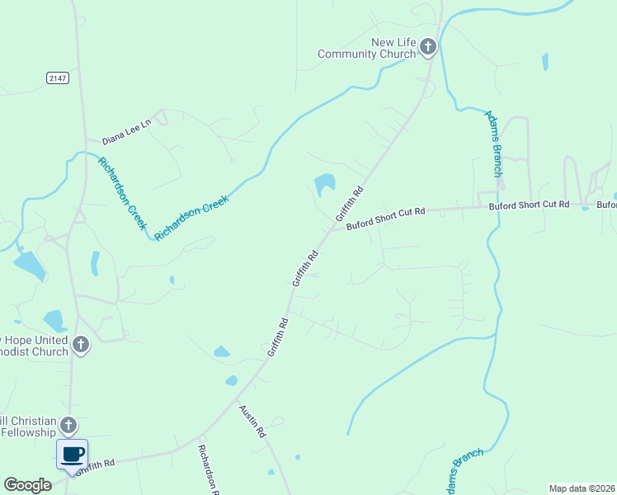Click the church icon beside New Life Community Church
427,47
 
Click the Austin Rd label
253,421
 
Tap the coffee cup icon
72,454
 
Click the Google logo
27,485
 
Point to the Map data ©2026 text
582,488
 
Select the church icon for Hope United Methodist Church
80,345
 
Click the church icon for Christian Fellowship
68,426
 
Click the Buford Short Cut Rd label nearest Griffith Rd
385,218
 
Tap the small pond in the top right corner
544,61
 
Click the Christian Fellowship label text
29,427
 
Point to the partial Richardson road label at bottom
208,469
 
